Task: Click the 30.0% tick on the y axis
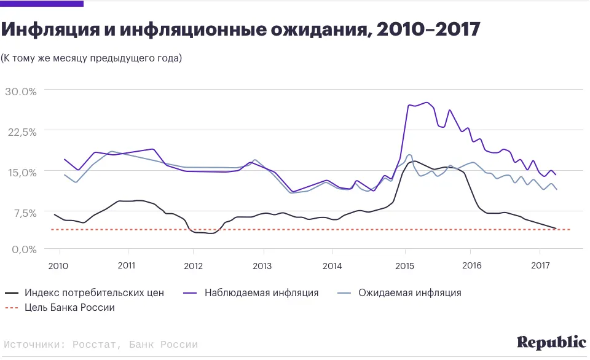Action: [22, 91]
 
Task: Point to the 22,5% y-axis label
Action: [22, 131]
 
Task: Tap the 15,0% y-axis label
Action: [22, 171]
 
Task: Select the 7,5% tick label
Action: [24, 213]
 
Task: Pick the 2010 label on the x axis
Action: [58, 266]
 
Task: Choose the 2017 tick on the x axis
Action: [539, 266]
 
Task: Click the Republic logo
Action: [551, 342]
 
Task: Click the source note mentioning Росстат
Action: [101, 345]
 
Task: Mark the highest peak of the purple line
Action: [426, 103]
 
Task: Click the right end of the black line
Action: [556, 229]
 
